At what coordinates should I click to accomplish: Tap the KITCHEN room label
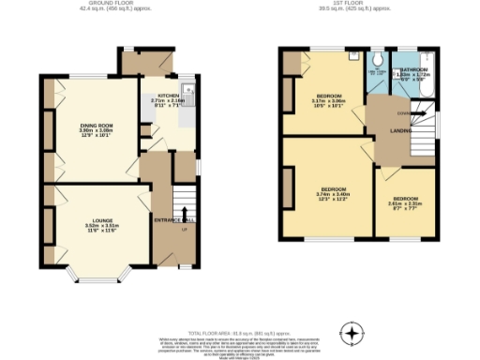(168, 96)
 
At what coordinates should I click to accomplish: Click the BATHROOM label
(414, 69)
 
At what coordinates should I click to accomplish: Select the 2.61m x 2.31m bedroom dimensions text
(405, 205)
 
